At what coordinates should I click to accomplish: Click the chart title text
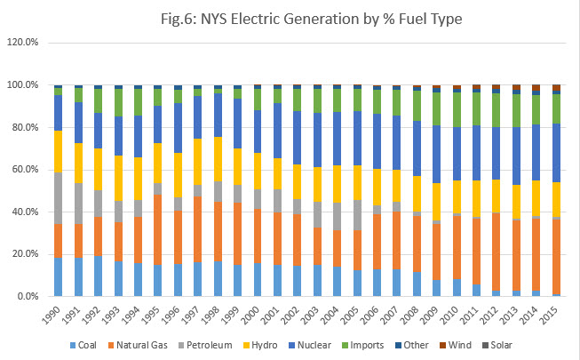(x=290, y=17)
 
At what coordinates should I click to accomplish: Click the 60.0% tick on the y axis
(x=24, y=169)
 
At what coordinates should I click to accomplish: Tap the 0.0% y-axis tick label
(x=27, y=296)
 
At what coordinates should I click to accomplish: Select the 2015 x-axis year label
(x=553, y=315)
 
